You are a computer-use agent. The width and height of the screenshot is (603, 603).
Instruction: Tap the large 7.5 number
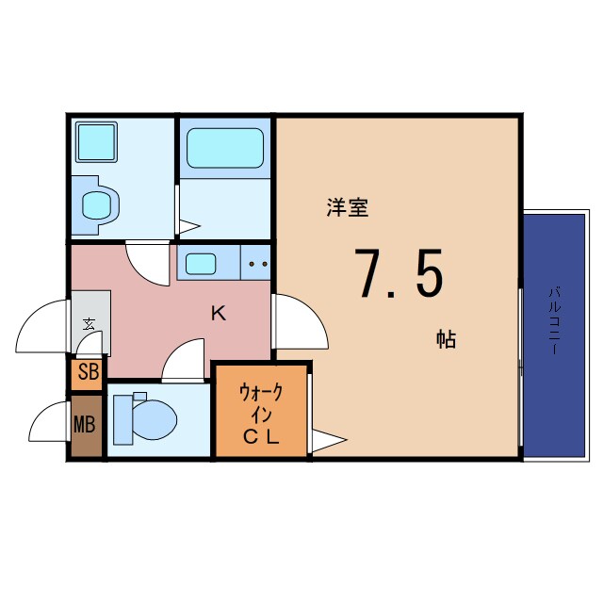coord(398,273)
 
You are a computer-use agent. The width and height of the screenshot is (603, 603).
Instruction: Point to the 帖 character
coord(445,340)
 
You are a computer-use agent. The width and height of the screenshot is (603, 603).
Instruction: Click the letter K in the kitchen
coord(218,314)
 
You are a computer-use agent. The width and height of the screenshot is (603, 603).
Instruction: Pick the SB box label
coord(88,371)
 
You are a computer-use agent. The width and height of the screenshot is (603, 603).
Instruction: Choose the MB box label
coord(85,424)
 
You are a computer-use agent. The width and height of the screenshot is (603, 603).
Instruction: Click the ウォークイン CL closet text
coord(261,413)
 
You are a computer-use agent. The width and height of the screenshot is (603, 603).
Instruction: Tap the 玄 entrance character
coord(89,323)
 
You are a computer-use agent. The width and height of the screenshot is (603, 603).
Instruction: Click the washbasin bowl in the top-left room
coord(97,204)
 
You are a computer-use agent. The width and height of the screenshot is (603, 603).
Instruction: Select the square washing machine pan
coord(95,141)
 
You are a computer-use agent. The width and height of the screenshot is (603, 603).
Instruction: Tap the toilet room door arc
coord(184,362)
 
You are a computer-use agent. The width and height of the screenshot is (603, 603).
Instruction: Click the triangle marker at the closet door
coord(329,439)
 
